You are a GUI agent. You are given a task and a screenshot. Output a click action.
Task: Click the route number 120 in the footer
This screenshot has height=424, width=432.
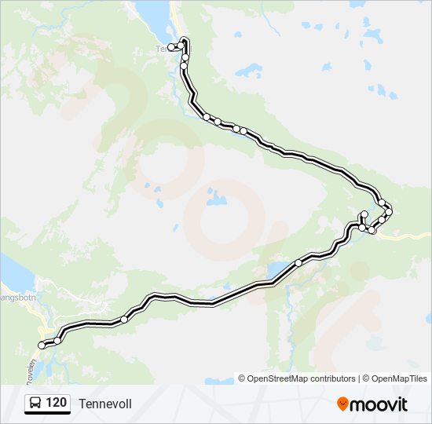click(56, 404)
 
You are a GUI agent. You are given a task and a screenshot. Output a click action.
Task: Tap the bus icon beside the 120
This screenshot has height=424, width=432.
click(35, 404)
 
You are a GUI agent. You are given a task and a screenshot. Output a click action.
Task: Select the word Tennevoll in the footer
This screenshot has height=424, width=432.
click(105, 404)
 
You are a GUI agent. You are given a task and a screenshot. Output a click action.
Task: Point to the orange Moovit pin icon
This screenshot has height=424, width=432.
click(342, 404)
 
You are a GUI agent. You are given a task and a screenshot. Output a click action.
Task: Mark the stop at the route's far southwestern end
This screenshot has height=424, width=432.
click(42, 345)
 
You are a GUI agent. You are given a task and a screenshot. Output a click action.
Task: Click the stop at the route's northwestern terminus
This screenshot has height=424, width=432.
click(171, 47)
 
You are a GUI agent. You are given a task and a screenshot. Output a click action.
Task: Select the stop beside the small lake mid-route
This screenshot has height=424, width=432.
click(298, 263)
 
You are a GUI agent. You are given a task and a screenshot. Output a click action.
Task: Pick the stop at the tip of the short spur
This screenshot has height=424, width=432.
click(364, 214)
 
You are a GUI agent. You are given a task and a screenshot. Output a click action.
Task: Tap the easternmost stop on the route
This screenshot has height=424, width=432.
click(389, 212)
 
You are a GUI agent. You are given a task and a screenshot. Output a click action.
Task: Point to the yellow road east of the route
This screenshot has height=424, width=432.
click(408, 235)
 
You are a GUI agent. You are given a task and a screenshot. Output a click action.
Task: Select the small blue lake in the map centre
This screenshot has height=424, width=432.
click(214, 197)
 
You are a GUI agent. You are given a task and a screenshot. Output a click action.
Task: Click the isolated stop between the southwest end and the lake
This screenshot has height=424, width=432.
click(124, 319)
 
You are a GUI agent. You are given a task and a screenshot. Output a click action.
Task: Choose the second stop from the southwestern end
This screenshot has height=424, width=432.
click(57, 341)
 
